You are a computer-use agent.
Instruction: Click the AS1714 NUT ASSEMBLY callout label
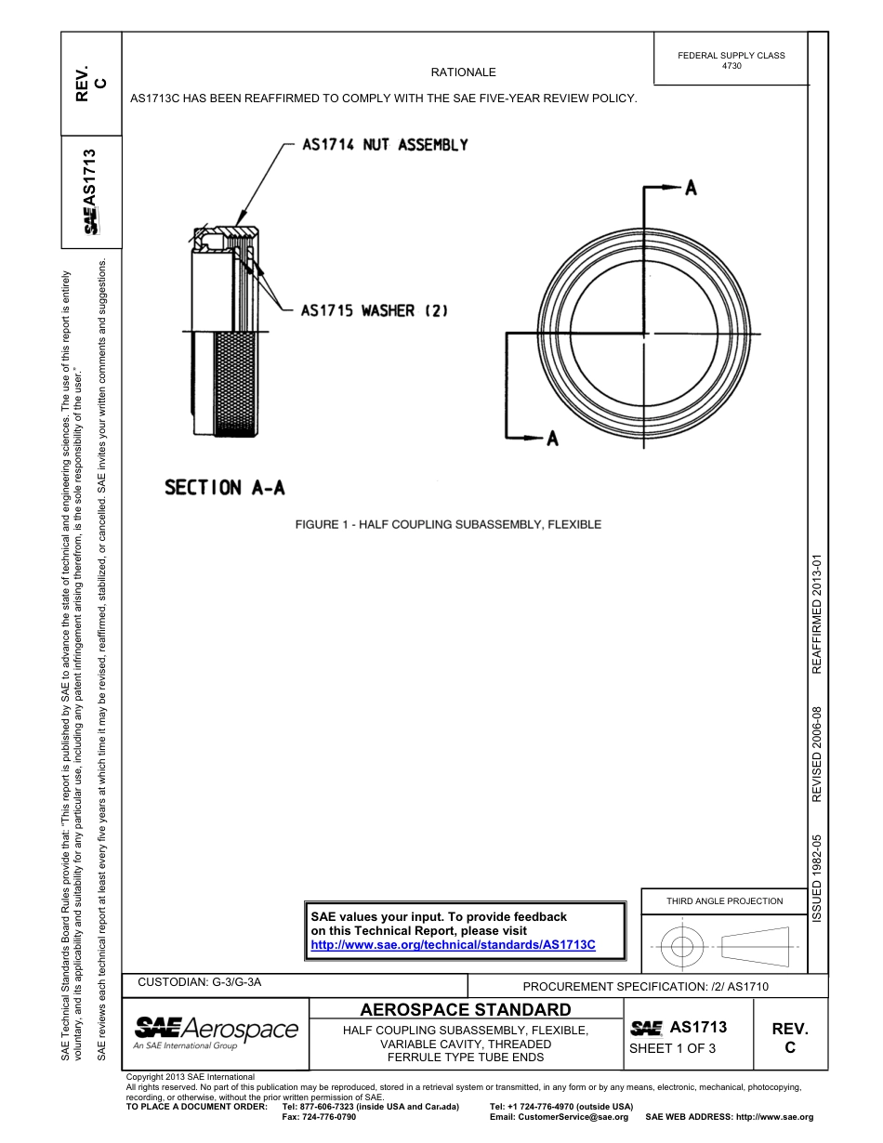tap(385, 145)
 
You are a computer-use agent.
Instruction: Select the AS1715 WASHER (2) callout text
tap(374, 310)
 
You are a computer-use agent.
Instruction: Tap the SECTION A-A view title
tap(224, 487)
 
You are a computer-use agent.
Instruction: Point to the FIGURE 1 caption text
tap(448, 524)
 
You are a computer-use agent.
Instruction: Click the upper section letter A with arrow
tap(690, 189)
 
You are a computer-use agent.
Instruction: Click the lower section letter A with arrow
tap(551, 438)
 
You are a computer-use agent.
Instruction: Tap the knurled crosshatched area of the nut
tap(236, 383)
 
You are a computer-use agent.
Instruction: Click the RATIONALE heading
tap(463, 72)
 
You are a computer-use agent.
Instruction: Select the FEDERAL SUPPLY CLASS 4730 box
tap(731, 60)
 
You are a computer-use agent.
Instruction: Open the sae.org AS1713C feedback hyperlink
tap(452, 944)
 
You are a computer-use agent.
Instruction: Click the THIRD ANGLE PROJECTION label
tap(724, 900)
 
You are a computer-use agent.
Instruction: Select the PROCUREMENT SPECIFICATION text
tap(645, 987)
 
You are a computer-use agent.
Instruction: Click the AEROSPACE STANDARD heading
tap(465, 1009)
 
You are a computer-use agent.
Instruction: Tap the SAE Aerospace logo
tap(216, 1031)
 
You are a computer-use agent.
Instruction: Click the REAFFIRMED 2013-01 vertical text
tap(817, 615)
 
